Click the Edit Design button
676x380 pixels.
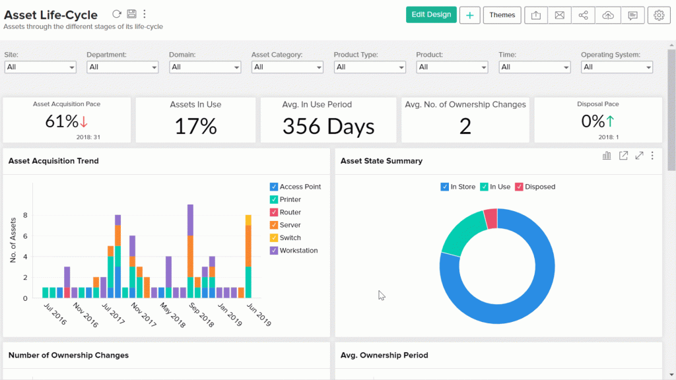[x=431, y=15]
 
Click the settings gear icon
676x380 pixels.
[x=658, y=15]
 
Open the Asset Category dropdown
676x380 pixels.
[x=287, y=67]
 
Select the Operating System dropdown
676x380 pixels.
[x=617, y=67]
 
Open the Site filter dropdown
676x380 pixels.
[x=40, y=67]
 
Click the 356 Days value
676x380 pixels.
[x=328, y=127]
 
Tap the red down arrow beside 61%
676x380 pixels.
[x=84, y=122]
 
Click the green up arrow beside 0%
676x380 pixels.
[x=610, y=121]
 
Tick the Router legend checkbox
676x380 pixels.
[x=274, y=212]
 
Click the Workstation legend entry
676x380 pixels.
[x=298, y=251]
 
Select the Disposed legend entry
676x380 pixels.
[x=539, y=187]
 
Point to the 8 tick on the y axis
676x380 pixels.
[x=24, y=215]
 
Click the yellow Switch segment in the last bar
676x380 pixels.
[x=248, y=220]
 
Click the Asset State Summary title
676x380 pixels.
[x=382, y=161]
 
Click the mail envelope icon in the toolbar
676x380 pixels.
[x=560, y=15]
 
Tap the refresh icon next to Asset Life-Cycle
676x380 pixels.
[x=117, y=14]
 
